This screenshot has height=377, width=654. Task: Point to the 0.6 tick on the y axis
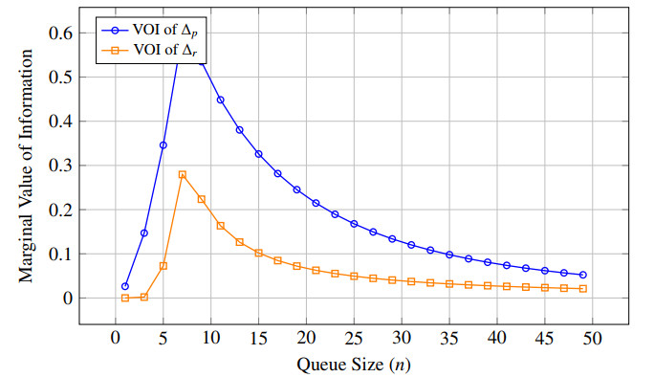point(60,33)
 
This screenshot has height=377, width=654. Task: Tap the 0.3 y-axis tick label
point(60,166)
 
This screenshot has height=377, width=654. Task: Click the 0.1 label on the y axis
point(60,255)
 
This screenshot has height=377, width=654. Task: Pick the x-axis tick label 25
point(354,338)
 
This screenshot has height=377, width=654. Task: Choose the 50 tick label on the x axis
point(592,338)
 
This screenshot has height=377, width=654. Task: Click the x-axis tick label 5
point(163,338)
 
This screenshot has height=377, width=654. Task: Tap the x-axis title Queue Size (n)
point(354,365)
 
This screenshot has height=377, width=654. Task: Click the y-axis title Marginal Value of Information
point(26,166)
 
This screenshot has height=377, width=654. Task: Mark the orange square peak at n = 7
point(183,174)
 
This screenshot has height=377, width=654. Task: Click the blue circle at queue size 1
point(125,286)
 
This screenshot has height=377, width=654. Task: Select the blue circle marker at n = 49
point(583,275)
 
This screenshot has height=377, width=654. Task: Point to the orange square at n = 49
point(583,289)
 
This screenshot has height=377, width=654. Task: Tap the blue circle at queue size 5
point(163,145)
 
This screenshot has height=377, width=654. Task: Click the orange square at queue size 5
point(163,266)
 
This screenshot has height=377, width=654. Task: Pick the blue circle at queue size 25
point(354,224)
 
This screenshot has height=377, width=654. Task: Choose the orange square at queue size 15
point(258,253)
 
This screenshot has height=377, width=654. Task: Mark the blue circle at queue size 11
point(221,100)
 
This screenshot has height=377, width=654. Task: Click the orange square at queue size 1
point(125,299)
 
